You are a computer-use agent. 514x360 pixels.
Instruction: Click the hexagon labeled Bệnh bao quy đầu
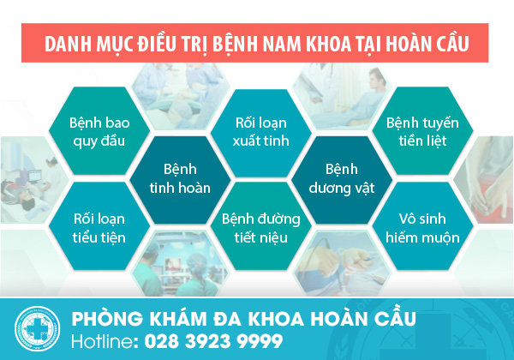pyautogui.click(x=99, y=131)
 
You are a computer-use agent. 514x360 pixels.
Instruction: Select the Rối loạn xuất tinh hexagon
pyautogui.click(x=261, y=132)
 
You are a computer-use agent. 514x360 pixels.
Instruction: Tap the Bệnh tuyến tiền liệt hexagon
pyautogui.click(x=422, y=131)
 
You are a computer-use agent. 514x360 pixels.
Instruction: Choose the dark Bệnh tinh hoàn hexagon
pyautogui.click(x=180, y=179)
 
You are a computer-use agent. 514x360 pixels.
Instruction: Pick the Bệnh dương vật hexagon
pyautogui.click(x=342, y=179)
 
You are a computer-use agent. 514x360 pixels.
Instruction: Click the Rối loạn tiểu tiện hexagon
pyautogui.click(x=99, y=226)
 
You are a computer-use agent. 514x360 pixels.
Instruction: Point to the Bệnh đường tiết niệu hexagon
pyautogui.click(x=261, y=226)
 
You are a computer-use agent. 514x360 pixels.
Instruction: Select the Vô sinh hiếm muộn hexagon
pyautogui.click(x=422, y=226)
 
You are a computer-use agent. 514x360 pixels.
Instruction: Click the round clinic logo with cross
pyautogui.click(x=38, y=328)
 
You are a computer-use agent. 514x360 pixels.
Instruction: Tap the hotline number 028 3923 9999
pyautogui.click(x=213, y=341)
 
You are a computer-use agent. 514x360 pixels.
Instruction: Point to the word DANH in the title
pyautogui.click(x=68, y=44)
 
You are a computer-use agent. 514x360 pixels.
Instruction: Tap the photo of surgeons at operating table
pyautogui.click(x=180, y=96)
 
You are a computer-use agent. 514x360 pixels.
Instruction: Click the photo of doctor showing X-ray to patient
pyautogui.click(x=342, y=96)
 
